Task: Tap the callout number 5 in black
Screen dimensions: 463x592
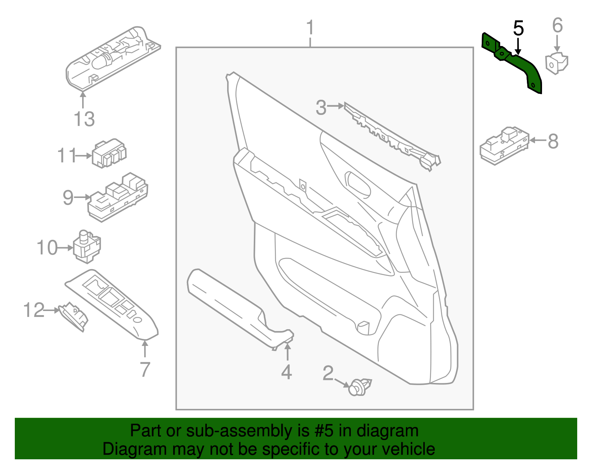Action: [518, 29]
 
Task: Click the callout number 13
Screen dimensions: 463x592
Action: [84, 119]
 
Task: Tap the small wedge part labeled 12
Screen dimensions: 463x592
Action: [74, 315]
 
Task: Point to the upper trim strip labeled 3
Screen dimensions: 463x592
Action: [392, 137]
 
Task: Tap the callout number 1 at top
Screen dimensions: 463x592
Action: [310, 28]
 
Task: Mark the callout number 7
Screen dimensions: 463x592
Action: [145, 369]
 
